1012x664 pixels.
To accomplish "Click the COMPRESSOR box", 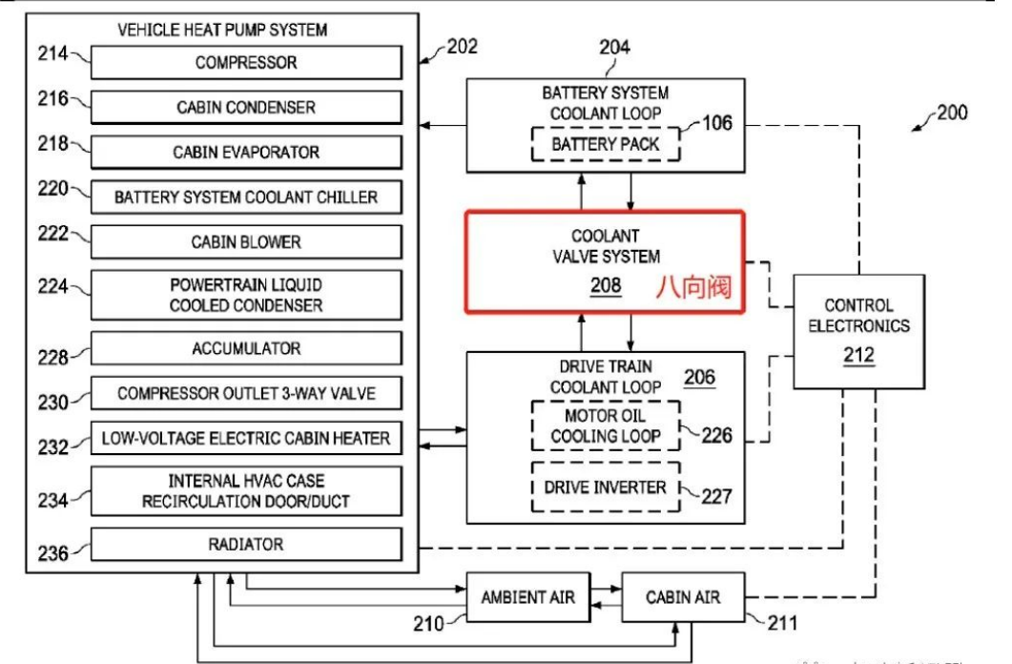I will point(246,63).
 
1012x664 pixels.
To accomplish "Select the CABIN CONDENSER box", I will point(246,108).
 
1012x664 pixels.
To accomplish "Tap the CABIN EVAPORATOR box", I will point(246,153).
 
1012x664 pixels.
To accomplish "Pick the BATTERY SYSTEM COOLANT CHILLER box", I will point(246,197).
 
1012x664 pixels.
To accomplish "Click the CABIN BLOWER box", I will point(246,242).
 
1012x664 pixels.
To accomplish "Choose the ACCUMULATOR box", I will point(246,349).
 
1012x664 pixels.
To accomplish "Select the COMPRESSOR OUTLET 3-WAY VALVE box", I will point(246,393).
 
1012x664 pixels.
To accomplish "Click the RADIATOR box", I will point(246,545).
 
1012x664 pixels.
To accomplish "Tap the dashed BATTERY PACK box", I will point(606,145).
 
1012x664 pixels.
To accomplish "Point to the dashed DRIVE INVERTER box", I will point(606,487).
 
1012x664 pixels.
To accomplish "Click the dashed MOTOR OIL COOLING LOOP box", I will point(606,426).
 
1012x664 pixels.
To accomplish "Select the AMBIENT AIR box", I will point(527,597).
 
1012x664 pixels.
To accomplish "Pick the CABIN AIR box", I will point(683,597).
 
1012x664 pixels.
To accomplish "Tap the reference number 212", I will point(858,356).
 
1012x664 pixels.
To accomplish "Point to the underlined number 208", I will point(606,284).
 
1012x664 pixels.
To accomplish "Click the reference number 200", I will point(951,113).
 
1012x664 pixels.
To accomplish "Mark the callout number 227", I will point(717,496).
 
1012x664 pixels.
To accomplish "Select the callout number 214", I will point(52,53).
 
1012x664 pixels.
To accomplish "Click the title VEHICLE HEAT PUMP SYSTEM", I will point(222,30).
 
